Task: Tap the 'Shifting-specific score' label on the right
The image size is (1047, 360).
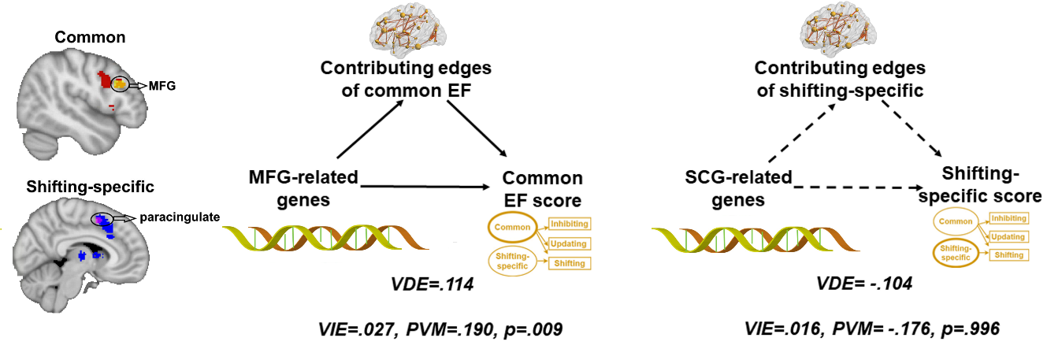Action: [x=991, y=184]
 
